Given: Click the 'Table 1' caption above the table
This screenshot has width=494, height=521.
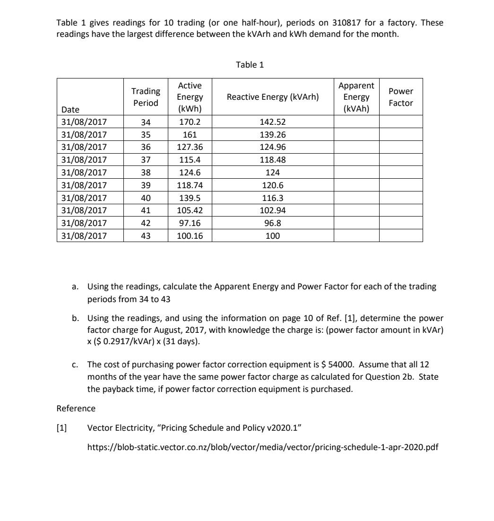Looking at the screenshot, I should [250, 65].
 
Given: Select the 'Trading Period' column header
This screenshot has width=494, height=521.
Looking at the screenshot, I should [146, 97].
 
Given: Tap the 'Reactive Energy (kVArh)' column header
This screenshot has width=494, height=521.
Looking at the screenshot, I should [273, 97].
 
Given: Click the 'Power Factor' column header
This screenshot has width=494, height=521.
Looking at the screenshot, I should [400, 97].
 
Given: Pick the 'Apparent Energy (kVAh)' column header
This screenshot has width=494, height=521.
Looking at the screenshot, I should [356, 97].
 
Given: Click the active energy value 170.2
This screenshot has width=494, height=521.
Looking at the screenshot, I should [190, 122].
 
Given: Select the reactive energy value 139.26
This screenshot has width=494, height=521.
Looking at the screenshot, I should [273, 135].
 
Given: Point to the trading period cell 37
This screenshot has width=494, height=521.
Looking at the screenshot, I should [146, 160].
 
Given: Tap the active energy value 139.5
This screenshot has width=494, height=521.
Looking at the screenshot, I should [190, 198].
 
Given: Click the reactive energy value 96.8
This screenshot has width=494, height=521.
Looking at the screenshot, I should [273, 223].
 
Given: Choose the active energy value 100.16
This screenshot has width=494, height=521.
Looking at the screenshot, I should [190, 235].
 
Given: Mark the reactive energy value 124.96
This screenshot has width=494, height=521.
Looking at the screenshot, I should [273, 147].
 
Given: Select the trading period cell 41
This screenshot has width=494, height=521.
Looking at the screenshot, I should [146, 210].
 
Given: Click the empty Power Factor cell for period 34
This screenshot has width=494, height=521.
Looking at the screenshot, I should [400, 122].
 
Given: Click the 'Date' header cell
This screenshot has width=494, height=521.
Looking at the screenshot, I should [70, 110].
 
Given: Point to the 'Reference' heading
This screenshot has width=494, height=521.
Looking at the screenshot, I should [76, 408].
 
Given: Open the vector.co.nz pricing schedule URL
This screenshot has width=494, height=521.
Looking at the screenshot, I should [263, 447].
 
